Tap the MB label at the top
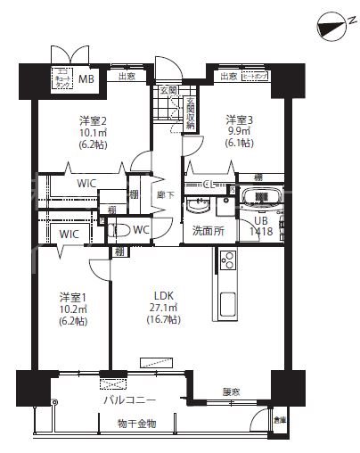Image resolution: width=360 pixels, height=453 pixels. pyautogui.click(x=87, y=79)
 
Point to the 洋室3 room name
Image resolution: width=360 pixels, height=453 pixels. pyautogui.click(x=238, y=119)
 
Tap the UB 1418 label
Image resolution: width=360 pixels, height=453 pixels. pyautogui.click(x=261, y=226)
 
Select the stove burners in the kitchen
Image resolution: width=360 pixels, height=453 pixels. pyautogui.click(x=226, y=262)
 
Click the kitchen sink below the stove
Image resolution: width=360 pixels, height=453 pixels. pyautogui.click(x=226, y=300)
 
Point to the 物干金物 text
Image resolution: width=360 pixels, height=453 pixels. pyautogui.click(x=135, y=423)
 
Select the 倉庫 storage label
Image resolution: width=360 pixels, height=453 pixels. pyautogui.click(x=280, y=420)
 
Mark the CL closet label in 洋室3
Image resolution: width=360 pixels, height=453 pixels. pyautogui.click(x=207, y=185)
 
